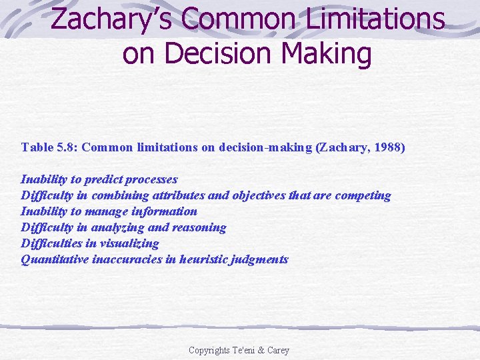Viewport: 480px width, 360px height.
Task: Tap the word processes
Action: point(153,179)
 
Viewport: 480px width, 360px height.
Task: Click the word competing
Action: point(363,195)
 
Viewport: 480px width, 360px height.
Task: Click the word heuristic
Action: point(203,259)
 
